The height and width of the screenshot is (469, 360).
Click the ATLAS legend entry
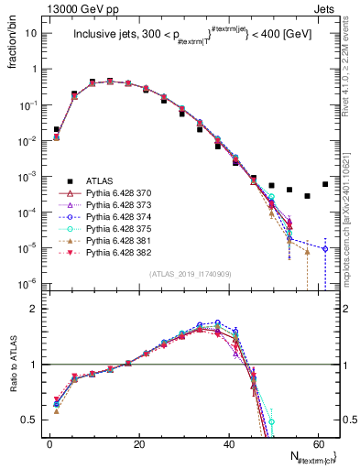pyautogui.click(x=99, y=180)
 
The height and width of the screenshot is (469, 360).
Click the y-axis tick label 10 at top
pyautogui.click(x=29, y=33)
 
